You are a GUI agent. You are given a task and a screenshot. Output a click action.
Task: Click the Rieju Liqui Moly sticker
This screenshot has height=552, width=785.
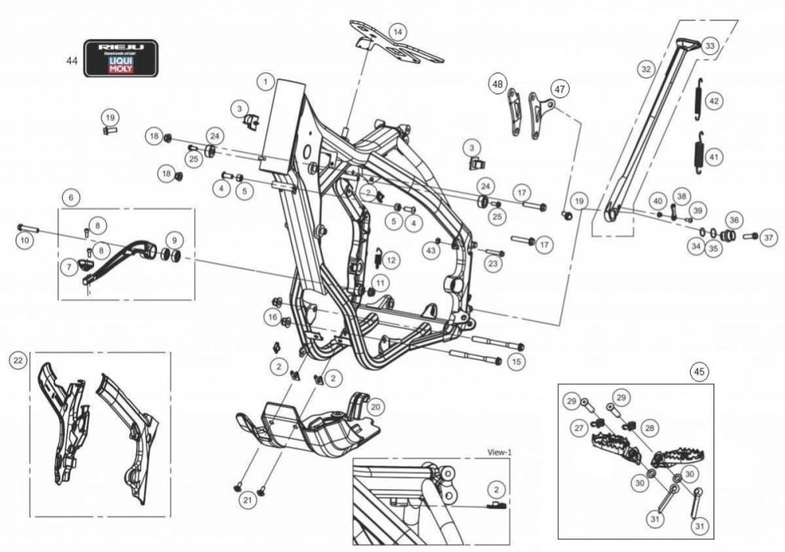(x=120, y=58)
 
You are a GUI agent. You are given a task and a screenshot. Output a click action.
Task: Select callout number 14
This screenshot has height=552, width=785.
(x=399, y=31)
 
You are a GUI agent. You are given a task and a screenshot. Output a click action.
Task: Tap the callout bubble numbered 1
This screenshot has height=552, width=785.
(x=268, y=81)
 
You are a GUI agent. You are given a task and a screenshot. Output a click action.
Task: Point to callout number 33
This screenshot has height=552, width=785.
(x=710, y=46)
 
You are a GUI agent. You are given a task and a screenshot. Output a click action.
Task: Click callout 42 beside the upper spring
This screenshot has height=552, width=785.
(x=714, y=101)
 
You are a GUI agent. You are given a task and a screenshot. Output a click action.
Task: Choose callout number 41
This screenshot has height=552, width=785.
(x=714, y=157)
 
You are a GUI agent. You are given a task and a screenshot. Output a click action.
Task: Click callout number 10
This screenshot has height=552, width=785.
(x=25, y=239)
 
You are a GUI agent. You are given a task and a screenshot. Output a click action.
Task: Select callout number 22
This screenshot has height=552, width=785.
(x=17, y=360)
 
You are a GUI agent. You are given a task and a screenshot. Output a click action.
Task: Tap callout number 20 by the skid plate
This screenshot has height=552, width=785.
(x=376, y=407)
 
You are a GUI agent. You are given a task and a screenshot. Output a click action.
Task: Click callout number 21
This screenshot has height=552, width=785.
(x=247, y=501)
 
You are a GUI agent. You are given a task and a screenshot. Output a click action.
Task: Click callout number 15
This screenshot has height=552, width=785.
(x=516, y=362)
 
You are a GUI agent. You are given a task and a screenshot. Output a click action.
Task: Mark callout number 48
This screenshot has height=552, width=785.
(x=498, y=82)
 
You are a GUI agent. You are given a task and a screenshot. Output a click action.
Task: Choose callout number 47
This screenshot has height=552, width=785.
(x=558, y=89)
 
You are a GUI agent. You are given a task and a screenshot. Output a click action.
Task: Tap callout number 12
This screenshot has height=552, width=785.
(x=391, y=259)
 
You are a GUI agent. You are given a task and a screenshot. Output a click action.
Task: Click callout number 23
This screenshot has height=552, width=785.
(x=492, y=265)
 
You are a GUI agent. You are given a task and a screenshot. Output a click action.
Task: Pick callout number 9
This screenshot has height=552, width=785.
(x=173, y=239)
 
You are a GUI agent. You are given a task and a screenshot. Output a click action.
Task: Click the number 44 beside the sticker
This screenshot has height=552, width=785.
(x=72, y=61)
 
